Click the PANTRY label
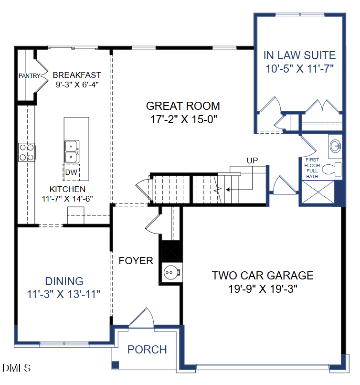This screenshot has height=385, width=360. point(30,75)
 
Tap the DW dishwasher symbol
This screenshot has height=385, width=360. point(72,172)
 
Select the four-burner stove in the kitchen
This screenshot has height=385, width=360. point(27,152)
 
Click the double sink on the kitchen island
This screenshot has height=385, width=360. point(72,151)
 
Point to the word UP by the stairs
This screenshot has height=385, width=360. point(252,160)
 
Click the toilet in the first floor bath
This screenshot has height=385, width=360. point(332,169)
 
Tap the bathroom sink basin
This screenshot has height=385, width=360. point(335,146)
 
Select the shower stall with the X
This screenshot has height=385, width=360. point(318,192)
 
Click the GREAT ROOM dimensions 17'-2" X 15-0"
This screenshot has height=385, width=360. point(183,119)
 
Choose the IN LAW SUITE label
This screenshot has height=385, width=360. point(300,55)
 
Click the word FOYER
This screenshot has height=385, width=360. point(136,261)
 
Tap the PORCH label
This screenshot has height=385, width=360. point(147,349)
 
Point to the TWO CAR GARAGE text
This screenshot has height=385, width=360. point(263,276)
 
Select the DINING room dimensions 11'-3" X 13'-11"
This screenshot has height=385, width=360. point(64,294)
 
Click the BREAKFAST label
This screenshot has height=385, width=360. point(77,75)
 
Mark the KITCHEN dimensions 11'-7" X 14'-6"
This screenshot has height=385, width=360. point(67,199)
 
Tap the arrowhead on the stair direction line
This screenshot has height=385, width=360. point(228,190)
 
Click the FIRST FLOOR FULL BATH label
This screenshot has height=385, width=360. point(312,168)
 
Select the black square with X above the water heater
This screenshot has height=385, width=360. point(171,251)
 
